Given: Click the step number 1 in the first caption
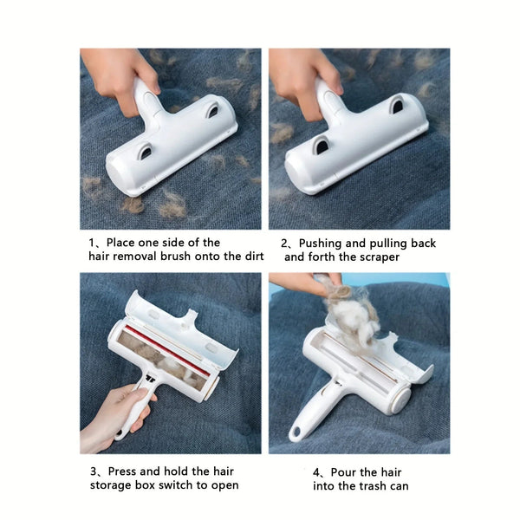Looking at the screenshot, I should click(x=93, y=243).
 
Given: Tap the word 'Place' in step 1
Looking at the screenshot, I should click(x=123, y=243).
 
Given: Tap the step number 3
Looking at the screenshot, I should click(x=93, y=471).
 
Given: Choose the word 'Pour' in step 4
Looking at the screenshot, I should click(x=347, y=472).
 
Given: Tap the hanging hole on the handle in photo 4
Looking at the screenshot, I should click(x=297, y=431).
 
